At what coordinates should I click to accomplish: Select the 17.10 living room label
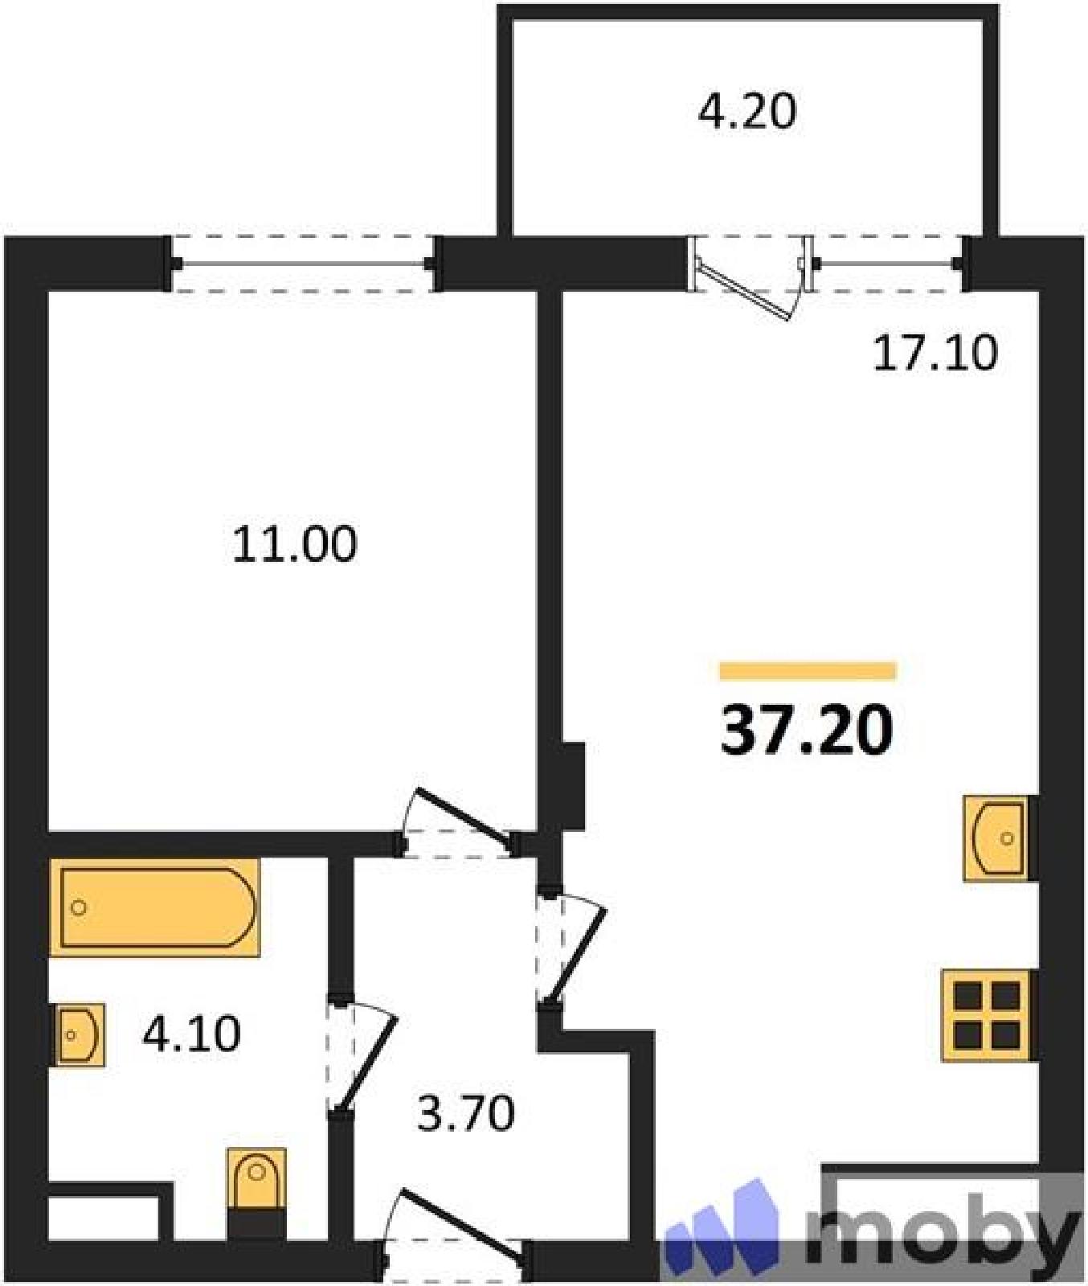(935, 352)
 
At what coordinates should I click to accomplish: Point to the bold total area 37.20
(807, 730)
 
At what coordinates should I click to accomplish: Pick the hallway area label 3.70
(466, 1114)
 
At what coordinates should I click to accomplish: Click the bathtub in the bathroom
(155, 907)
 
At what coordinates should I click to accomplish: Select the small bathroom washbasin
(80, 1034)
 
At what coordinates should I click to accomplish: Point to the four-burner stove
(988, 1015)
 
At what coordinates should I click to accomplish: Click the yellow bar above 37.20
(808, 670)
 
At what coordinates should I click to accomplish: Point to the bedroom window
(304, 264)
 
